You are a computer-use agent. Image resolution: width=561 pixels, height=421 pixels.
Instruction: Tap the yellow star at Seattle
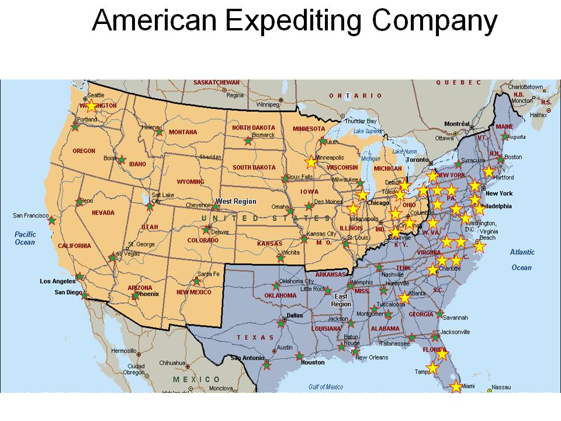[x=91, y=106]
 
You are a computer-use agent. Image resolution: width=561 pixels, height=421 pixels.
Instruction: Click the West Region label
[x=236, y=201]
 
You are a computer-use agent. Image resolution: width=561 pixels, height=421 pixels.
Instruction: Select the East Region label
[x=341, y=300]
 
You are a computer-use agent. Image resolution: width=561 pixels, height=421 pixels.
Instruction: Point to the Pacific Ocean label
[x=25, y=237]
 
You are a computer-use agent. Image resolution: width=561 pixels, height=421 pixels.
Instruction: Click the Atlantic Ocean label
[x=522, y=260]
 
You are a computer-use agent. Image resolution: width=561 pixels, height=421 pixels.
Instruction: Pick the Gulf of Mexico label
[x=325, y=387]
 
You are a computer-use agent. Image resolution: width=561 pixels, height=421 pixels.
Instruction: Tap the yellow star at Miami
[x=456, y=387]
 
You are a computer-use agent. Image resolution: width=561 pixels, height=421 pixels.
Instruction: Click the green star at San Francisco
[x=52, y=220]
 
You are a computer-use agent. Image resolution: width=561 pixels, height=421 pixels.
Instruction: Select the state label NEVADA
[x=103, y=213]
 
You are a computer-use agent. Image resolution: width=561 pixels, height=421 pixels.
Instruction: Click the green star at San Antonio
[x=267, y=365]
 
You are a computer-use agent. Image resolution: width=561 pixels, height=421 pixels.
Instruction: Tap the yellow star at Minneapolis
[x=311, y=162]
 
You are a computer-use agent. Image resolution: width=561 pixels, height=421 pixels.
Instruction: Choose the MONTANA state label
[x=183, y=132]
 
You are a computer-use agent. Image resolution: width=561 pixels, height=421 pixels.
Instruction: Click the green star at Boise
[x=122, y=159]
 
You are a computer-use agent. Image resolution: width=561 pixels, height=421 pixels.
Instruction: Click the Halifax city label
[x=538, y=115]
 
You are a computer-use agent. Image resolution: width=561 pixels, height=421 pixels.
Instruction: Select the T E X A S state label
[x=255, y=337]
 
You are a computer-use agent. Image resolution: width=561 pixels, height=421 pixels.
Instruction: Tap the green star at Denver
[x=206, y=230]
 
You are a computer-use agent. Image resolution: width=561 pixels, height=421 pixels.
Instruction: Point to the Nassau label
[x=501, y=387]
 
